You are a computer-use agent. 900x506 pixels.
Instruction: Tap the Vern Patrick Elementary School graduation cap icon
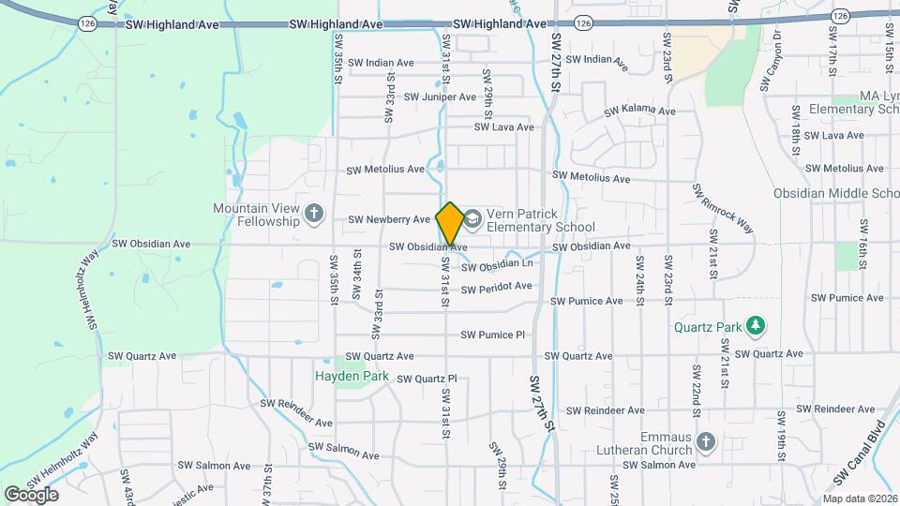click(x=472, y=219)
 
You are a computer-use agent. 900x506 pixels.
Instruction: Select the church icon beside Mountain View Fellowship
click(x=314, y=215)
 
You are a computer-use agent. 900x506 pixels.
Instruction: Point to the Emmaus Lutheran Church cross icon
click(x=706, y=440)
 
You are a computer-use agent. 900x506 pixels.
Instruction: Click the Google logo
click(x=31, y=494)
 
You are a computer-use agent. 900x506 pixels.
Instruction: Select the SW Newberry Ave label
click(x=388, y=220)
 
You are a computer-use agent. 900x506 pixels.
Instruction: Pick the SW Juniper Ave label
click(x=440, y=97)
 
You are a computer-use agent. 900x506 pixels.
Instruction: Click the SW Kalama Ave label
click(x=639, y=111)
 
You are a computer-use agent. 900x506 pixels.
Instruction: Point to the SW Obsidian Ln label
click(x=496, y=267)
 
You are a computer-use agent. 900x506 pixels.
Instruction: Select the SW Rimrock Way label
click(x=723, y=207)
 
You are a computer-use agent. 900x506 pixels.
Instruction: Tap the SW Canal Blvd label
click(x=855, y=454)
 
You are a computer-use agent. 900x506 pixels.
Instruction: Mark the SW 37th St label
click(x=268, y=484)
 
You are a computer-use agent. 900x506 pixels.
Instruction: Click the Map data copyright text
click(x=861, y=499)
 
